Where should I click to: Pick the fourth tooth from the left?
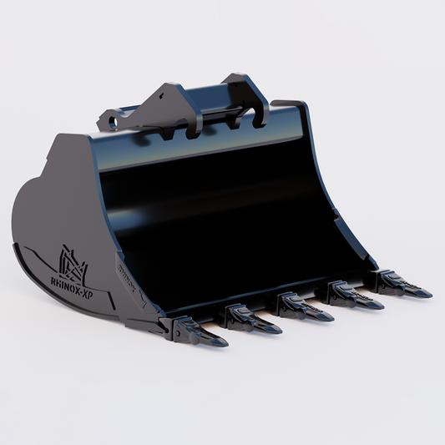coord(351,293)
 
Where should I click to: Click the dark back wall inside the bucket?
coord(209,200)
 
